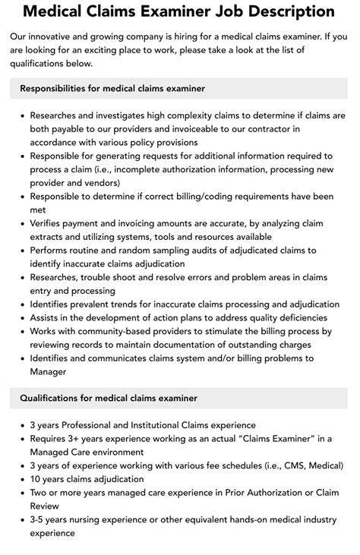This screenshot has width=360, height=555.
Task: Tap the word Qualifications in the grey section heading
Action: (53, 397)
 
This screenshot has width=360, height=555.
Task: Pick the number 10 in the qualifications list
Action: (36, 479)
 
